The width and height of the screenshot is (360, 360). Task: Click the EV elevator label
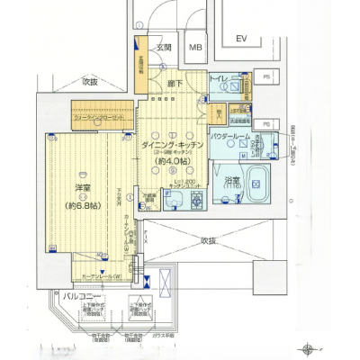(x=241, y=40)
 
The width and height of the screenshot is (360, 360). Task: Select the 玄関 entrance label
(x=164, y=49)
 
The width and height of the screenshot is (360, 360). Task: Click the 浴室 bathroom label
(x=231, y=180)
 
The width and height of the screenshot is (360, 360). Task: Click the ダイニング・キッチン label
(x=171, y=144)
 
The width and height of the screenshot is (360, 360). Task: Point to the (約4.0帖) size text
(x=171, y=162)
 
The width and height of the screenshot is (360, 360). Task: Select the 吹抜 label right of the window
(x=209, y=241)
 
